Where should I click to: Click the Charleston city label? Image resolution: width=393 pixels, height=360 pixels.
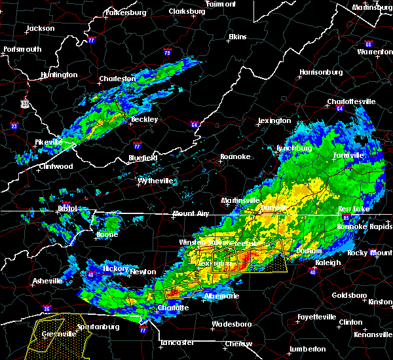pyautogui.click(x=117, y=79)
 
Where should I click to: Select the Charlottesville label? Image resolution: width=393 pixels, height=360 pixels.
pyautogui.click(x=351, y=101)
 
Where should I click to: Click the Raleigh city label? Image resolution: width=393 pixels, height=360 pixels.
pyautogui.click(x=327, y=262)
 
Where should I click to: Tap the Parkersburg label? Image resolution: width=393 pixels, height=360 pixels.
pyautogui.click(x=123, y=12)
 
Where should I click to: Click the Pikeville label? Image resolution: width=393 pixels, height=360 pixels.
pyautogui.click(x=48, y=141)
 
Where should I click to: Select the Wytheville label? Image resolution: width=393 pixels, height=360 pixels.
pyautogui.click(x=156, y=181)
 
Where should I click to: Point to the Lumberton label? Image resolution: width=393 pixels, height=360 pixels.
pyautogui.click(x=307, y=349)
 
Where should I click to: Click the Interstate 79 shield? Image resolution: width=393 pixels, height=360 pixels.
pyautogui.click(x=168, y=53)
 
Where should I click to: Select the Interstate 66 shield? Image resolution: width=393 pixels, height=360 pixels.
pyautogui.click(x=368, y=45)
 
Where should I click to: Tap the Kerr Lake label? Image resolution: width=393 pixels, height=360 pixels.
pyautogui.click(x=354, y=208)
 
